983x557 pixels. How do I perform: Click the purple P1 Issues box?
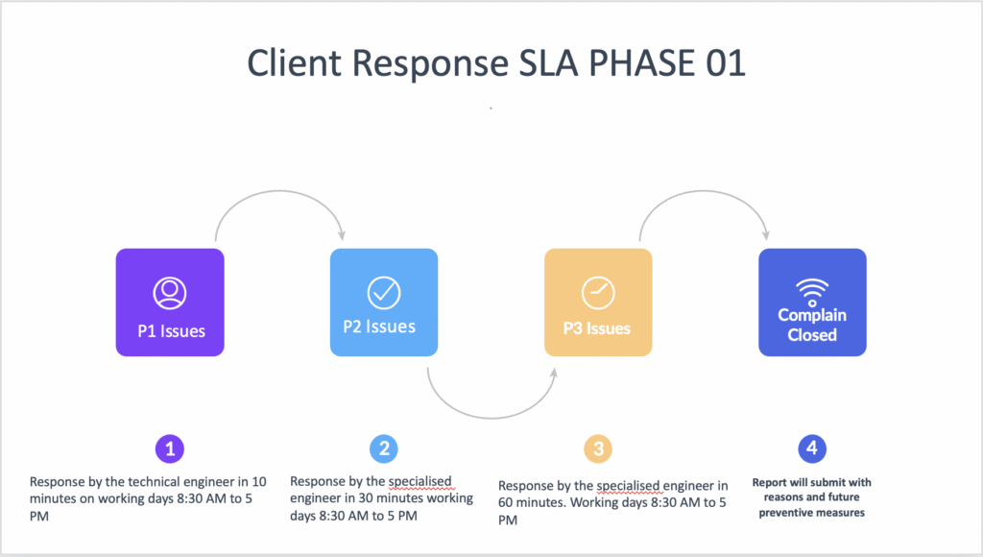pyautogui.click(x=170, y=303)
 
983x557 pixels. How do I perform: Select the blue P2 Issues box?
pyautogui.click(x=384, y=303)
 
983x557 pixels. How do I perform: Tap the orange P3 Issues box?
pyautogui.click(x=598, y=303)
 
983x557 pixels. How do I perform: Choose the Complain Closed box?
pyautogui.click(x=812, y=303)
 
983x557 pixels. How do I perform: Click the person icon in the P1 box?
pyautogui.click(x=170, y=293)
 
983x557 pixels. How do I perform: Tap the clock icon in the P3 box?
pyautogui.click(x=597, y=293)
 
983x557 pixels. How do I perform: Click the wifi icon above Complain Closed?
pyautogui.click(x=812, y=291)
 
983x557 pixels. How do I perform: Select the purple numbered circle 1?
pyautogui.click(x=170, y=448)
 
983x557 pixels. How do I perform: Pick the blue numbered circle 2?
pyautogui.click(x=384, y=448)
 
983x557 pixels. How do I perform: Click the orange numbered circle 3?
pyautogui.click(x=598, y=448)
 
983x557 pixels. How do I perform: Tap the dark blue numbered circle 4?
pyautogui.click(x=812, y=448)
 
